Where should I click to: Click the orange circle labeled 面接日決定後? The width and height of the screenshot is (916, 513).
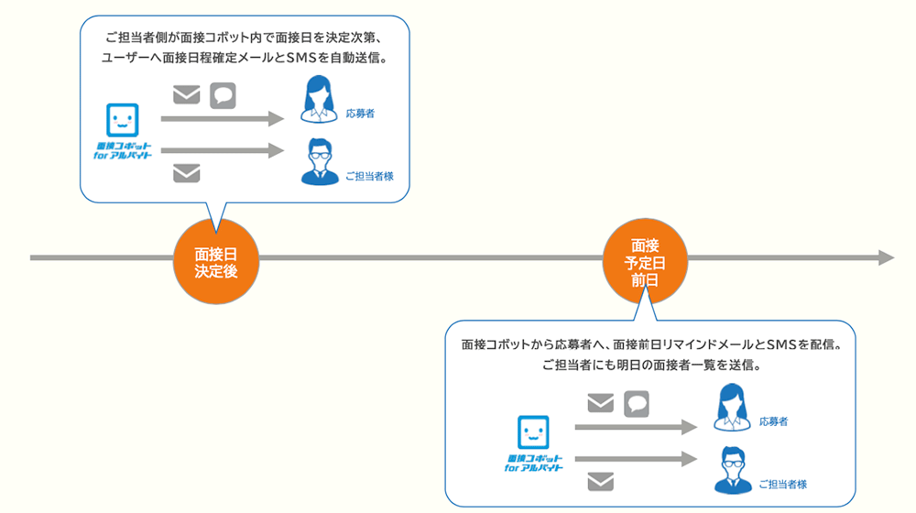(x=216, y=263)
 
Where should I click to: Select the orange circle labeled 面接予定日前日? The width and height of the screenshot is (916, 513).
(x=645, y=262)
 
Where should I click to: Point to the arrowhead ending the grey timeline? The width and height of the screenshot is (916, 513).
(x=886, y=258)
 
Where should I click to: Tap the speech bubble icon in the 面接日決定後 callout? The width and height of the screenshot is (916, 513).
(x=223, y=95)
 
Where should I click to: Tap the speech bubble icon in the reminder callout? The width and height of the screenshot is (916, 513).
(x=637, y=403)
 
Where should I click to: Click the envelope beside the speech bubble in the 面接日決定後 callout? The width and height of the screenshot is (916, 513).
(x=186, y=95)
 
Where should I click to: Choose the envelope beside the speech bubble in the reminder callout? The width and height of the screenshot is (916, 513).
(x=600, y=403)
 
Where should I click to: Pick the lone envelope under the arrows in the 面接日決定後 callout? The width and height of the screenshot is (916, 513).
(x=186, y=172)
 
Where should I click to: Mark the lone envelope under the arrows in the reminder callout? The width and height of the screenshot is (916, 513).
(x=600, y=479)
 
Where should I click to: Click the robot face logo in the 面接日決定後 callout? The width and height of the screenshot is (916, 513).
(x=122, y=119)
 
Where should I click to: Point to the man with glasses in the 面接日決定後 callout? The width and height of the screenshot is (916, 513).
(x=320, y=162)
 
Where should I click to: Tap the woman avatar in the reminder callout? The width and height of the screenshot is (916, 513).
(x=732, y=409)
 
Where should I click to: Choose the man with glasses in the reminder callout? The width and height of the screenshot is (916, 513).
(x=732, y=469)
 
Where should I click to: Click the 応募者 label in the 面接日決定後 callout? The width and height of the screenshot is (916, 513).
(x=360, y=115)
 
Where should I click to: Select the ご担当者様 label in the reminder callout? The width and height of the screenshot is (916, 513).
(x=782, y=484)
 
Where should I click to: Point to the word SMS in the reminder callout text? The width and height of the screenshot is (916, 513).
(x=775, y=346)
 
